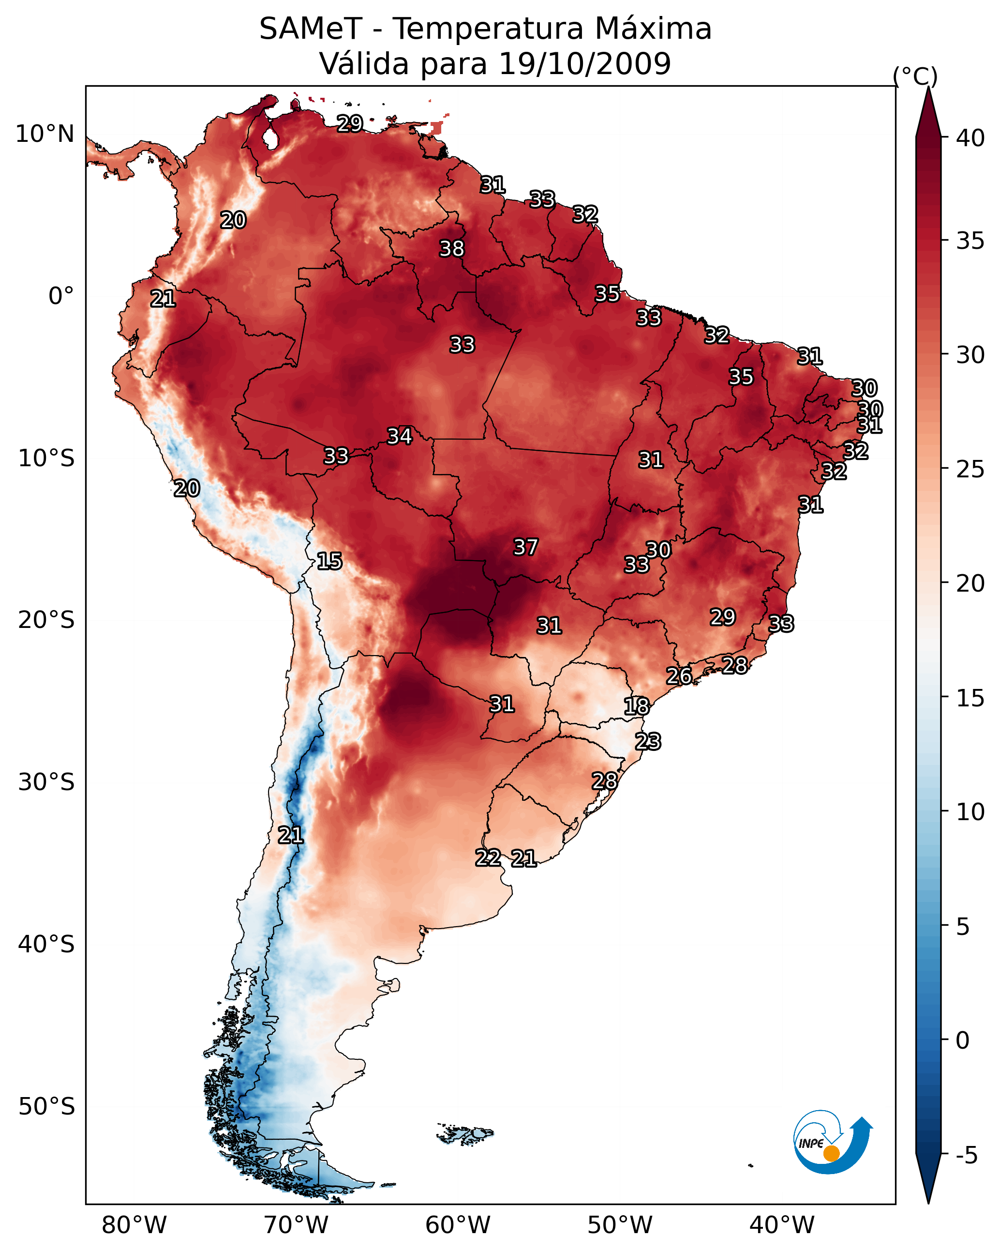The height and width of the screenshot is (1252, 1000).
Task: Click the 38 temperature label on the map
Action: [451, 248]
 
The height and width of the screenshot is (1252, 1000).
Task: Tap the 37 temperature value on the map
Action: [526, 547]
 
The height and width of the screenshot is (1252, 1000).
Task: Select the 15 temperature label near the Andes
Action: [329, 561]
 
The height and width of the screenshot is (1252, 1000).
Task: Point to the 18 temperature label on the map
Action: [637, 706]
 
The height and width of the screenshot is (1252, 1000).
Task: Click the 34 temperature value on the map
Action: [399, 436]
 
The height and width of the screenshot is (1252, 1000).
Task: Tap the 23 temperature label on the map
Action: [648, 742]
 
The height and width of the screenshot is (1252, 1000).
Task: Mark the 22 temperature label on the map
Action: [488, 858]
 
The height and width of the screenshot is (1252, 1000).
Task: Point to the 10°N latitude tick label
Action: [45, 134]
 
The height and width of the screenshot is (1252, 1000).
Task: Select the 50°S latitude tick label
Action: [46, 1106]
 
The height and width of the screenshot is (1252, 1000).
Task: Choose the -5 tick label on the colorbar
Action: [966, 1156]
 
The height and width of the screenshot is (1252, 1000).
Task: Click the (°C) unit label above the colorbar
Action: [915, 76]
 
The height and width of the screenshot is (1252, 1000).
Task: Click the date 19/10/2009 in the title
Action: [584, 64]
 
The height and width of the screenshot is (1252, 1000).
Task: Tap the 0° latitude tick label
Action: [61, 296]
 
